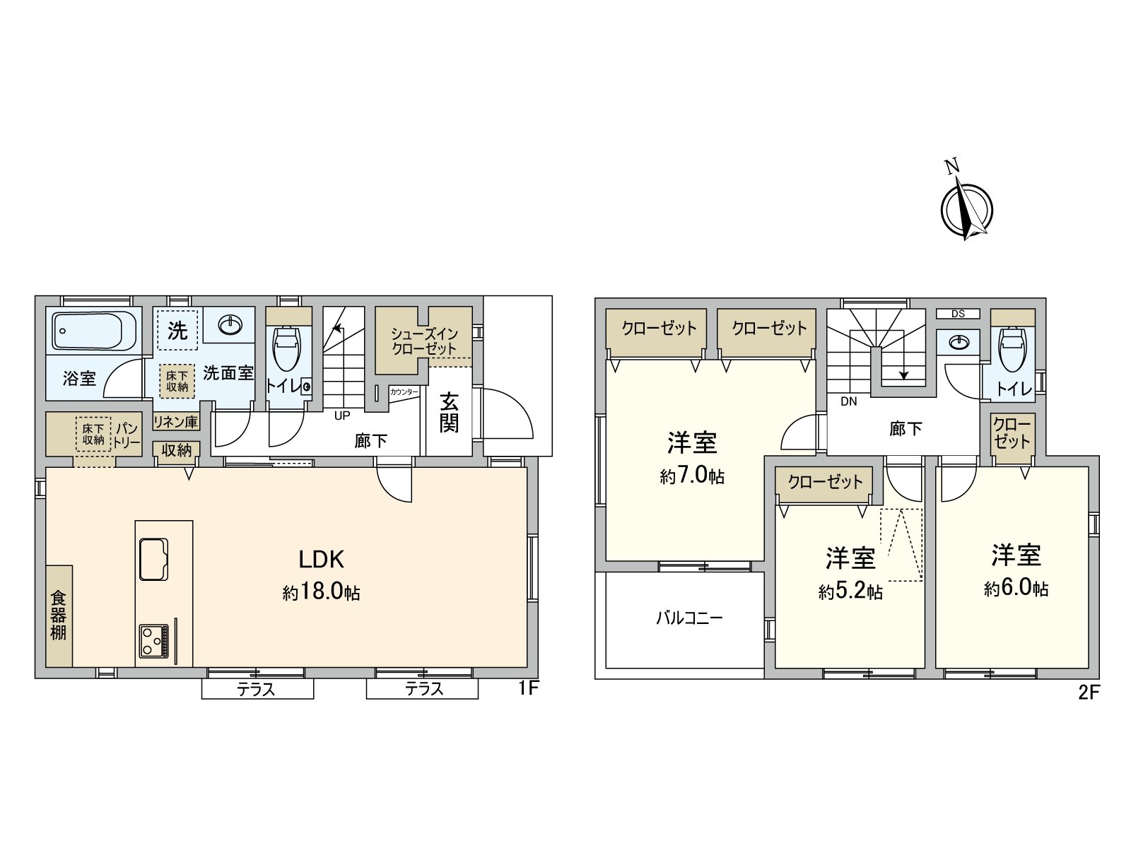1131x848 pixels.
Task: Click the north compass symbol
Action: tap(966, 209)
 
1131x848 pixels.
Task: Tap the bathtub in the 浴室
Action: tap(95, 331)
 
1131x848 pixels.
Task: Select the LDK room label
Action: tap(321, 560)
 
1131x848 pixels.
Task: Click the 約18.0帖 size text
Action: tap(321, 592)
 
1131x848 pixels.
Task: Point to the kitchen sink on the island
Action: tap(153, 558)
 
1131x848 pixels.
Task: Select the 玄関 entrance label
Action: tap(449, 413)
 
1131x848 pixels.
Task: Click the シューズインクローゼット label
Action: tap(424, 341)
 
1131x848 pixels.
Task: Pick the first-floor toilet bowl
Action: tap(287, 348)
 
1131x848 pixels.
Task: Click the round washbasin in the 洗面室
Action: tap(230, 325)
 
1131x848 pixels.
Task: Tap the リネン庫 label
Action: tap(176, 423)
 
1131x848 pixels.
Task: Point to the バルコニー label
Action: tap(689, 618)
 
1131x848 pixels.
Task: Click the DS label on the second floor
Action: tap(958, 314)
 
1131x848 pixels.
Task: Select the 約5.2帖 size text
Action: tap(850, 591)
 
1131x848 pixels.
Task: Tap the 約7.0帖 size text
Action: tap(692, 476)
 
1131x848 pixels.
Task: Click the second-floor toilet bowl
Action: tap(1013, 350)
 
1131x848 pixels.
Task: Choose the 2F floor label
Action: tap(1089, 693)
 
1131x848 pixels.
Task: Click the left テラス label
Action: tap(256, 689)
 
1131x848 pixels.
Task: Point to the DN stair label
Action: tap(849, 401)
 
